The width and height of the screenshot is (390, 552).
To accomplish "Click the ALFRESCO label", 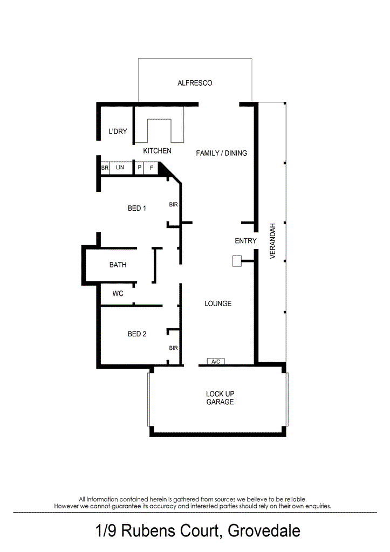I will (195, 83).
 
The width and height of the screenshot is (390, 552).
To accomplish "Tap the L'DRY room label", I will (118, 132).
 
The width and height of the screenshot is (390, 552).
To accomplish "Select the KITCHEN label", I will (157, 151).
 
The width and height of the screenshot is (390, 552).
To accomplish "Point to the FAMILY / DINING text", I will (221, 153).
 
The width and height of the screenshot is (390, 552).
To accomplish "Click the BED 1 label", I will (137, 208).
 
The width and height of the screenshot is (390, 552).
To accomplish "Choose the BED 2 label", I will (137, 334).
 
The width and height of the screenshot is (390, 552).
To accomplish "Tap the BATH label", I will (118, 265).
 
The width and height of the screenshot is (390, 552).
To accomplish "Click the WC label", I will (118, 294).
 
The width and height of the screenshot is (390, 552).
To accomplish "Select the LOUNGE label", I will (218, 303).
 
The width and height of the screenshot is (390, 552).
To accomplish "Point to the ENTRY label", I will (245, 241).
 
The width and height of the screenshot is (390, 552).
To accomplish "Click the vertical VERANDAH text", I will (273, 241).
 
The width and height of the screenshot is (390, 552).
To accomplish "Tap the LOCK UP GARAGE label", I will (220, 398).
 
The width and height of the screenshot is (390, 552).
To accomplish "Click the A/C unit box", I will (216, 361).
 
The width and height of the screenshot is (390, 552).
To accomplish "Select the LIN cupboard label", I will (120, 168).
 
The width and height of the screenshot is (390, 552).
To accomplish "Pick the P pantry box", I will (139, 168).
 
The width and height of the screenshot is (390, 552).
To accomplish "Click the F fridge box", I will (152, 168).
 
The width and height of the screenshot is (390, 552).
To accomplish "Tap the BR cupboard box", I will (105, 168).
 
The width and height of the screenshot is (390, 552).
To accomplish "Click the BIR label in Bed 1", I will (173, 205).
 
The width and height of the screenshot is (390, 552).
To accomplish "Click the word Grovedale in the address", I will (264, 532).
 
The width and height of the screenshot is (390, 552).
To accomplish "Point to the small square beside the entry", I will (236, 261).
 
